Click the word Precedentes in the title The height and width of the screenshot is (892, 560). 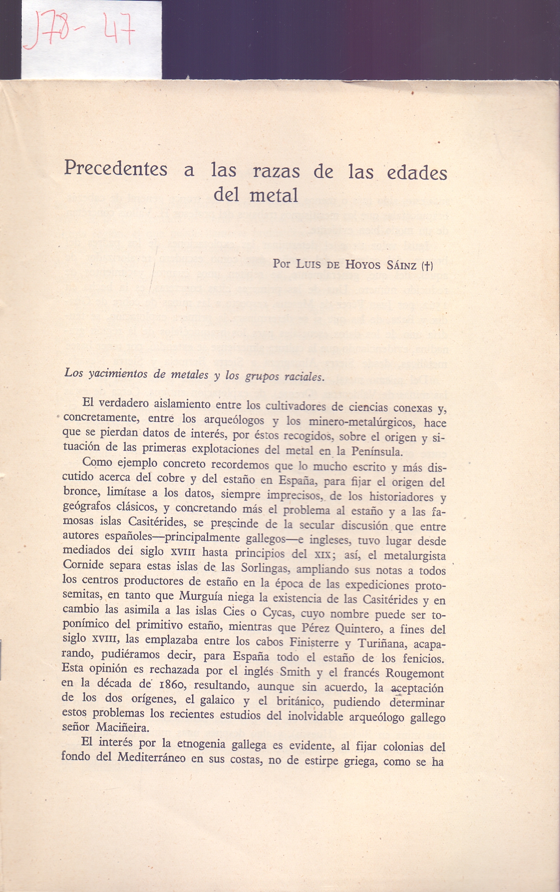pos(116,169)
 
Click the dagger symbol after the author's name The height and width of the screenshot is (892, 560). pos(427,266)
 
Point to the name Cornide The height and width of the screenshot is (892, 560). pos(83,565)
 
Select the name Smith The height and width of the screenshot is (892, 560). pos(295,672)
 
